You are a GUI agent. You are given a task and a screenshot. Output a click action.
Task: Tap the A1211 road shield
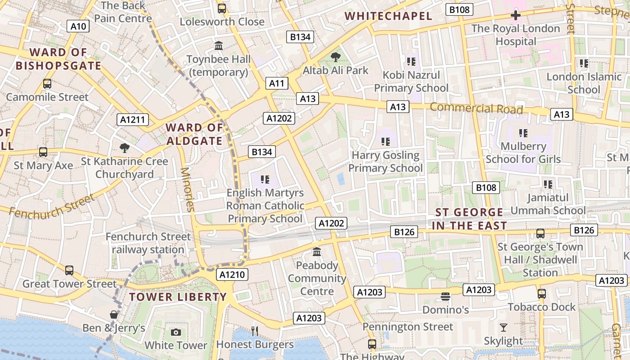point(133,120)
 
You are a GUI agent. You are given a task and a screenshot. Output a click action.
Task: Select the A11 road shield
point(277,83)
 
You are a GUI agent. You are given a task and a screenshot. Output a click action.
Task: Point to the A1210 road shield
point(232,274)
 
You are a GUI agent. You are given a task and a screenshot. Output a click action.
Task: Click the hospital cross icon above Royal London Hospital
point(516,15)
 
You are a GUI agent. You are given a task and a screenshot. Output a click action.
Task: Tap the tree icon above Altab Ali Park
point(335,57)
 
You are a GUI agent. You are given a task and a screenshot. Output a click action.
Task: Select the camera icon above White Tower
point(176,332)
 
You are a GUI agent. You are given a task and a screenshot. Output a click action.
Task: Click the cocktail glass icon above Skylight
point(504,328)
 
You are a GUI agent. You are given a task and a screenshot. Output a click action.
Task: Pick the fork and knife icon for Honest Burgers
point(255,331)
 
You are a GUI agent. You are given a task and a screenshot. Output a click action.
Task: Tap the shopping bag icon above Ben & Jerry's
point(114,314)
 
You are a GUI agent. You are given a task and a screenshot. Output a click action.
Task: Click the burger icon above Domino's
point(445,297)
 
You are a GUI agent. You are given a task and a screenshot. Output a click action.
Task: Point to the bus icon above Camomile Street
point(47,84)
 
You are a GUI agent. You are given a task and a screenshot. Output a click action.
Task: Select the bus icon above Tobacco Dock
point(542,294)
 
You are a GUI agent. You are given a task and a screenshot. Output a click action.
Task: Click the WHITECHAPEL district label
point(388,17)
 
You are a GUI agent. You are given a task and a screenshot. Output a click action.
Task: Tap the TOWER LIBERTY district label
point(178,297)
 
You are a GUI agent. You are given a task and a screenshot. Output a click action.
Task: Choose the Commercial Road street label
point(476,108)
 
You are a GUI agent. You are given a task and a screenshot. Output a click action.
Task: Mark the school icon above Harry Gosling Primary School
point(386,142)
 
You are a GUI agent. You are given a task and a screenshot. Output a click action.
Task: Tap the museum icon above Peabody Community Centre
point(317,252)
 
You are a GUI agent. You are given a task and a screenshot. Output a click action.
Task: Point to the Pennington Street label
point(408,327)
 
